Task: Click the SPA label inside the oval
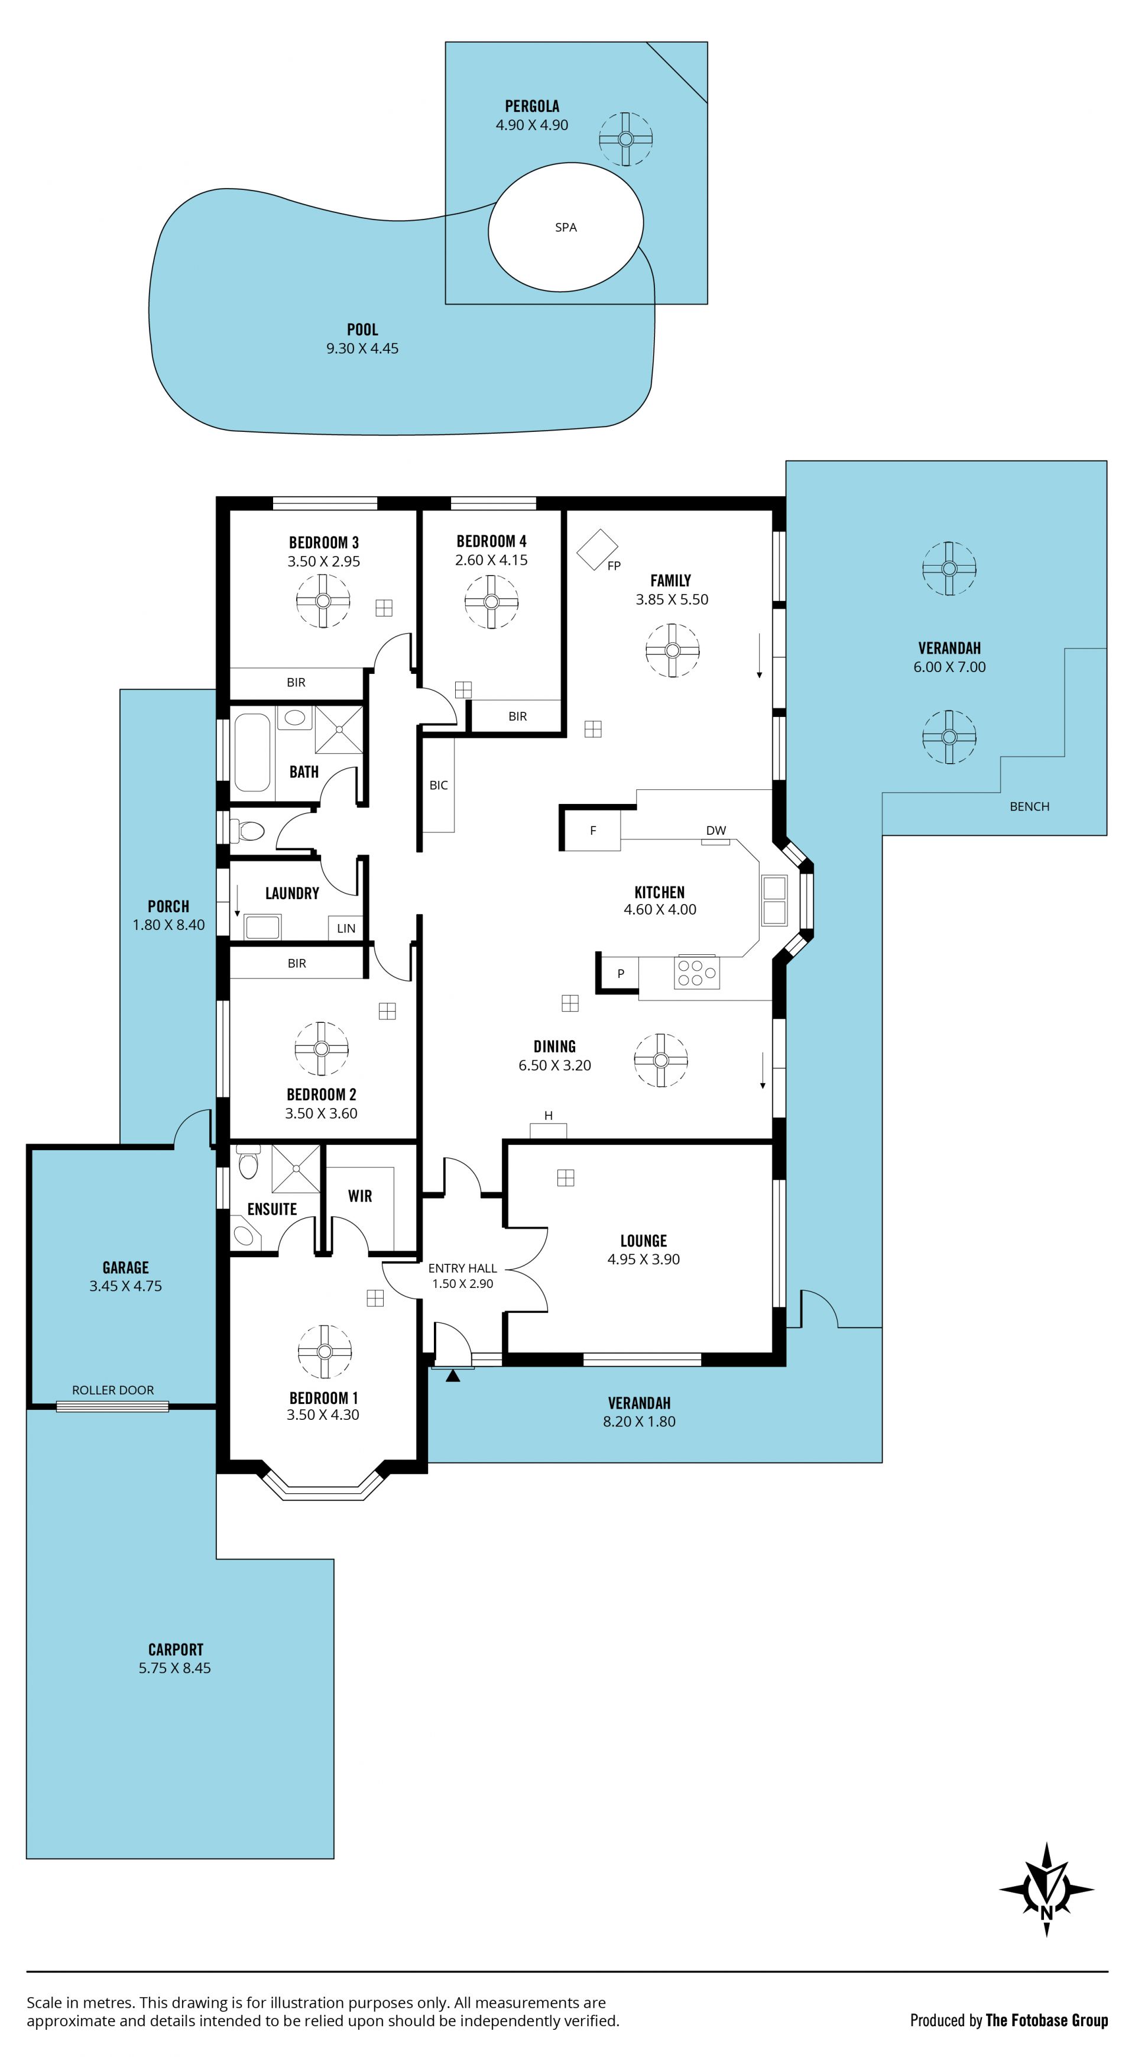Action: click(x=566, y=228)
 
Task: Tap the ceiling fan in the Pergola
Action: click(x=626, y=139)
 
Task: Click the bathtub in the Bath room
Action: click(x=252, y=753)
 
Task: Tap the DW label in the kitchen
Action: click(x=716, y=831)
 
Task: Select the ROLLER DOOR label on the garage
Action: click(x=113, y=1390)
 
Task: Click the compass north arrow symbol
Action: click(x=1046, y=1890)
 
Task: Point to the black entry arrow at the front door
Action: click(x=453, y=1375)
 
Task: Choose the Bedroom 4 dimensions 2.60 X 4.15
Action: click(x=492, y=561)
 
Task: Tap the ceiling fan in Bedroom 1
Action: click(x=324, y=1352)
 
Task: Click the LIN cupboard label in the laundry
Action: click(x=346, y=929)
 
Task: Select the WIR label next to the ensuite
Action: click(x=360, y=1196)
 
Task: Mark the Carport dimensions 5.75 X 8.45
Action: click(x=175, y=1668)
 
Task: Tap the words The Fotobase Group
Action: click(x=1047, y=2020)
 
